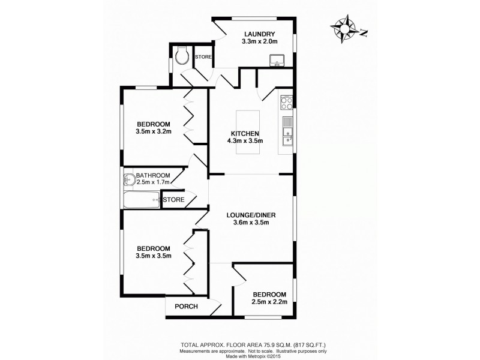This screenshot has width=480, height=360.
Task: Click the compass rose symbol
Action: (x=346, y=28)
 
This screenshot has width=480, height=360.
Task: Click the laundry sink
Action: (x=277, y=59)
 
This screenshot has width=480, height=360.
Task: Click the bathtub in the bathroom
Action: (x=142, y=200)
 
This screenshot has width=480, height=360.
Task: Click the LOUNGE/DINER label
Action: (x=251, y=214)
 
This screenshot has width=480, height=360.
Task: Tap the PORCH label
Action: (x=185, y=306)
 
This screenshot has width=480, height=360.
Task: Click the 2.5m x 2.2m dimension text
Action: (x=269, y=302)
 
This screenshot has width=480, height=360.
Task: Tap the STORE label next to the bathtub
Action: (x=174, y=199)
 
